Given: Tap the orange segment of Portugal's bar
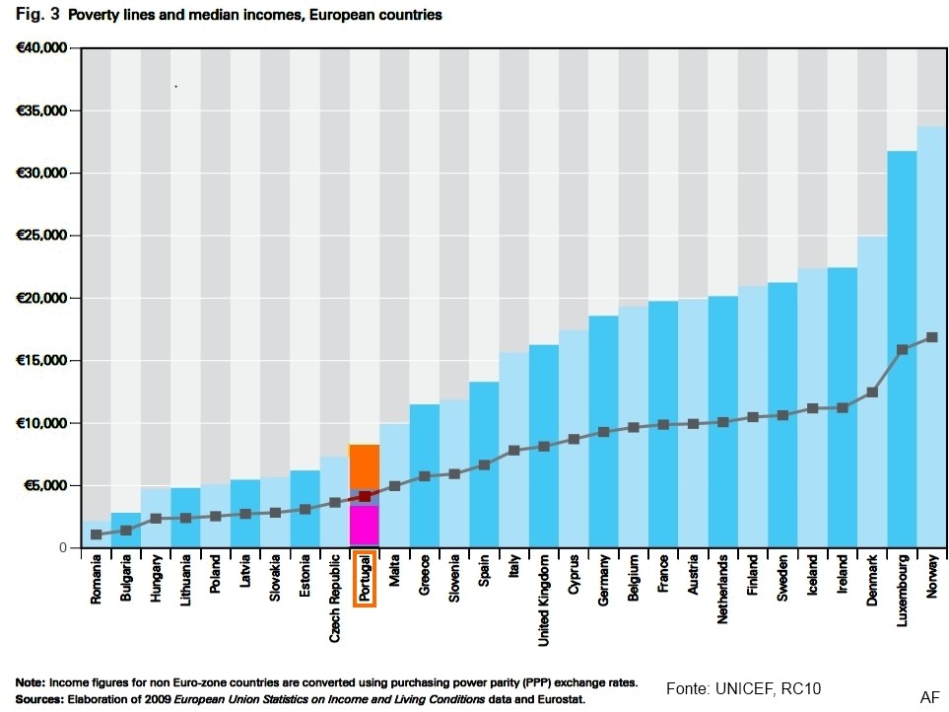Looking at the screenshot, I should click(365, 466).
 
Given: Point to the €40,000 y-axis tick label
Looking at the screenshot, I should click(40, 48).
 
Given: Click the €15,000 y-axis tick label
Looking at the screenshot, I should click(40, 361).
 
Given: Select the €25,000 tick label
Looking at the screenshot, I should click(40, 236).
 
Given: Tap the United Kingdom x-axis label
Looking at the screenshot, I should click(544, 600).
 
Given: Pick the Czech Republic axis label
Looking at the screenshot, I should click(335, 598).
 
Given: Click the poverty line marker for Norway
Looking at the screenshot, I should click(932, 337).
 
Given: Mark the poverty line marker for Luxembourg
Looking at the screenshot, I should click(902, 350).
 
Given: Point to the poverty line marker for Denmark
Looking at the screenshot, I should click(872, 392).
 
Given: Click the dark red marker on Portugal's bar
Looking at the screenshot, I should click(365, 496).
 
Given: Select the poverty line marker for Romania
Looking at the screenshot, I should click(97, 534).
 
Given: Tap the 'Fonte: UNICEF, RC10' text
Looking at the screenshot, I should click(743, 688).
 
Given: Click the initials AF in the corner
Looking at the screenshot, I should click(929, 697).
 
